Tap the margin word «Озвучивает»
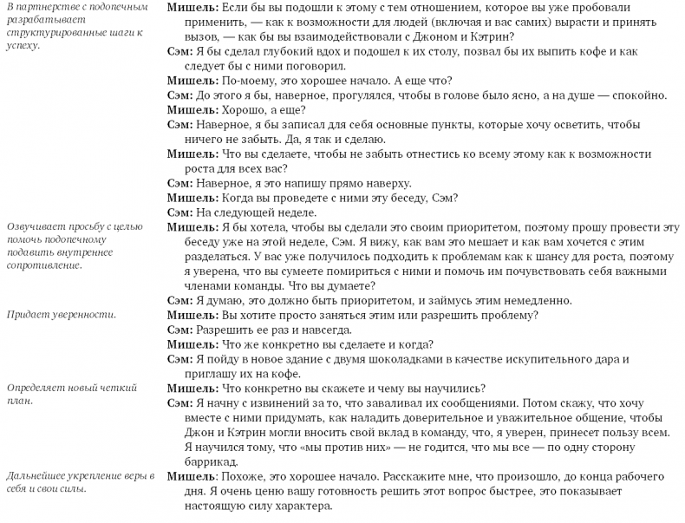(x=34, y=227)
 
